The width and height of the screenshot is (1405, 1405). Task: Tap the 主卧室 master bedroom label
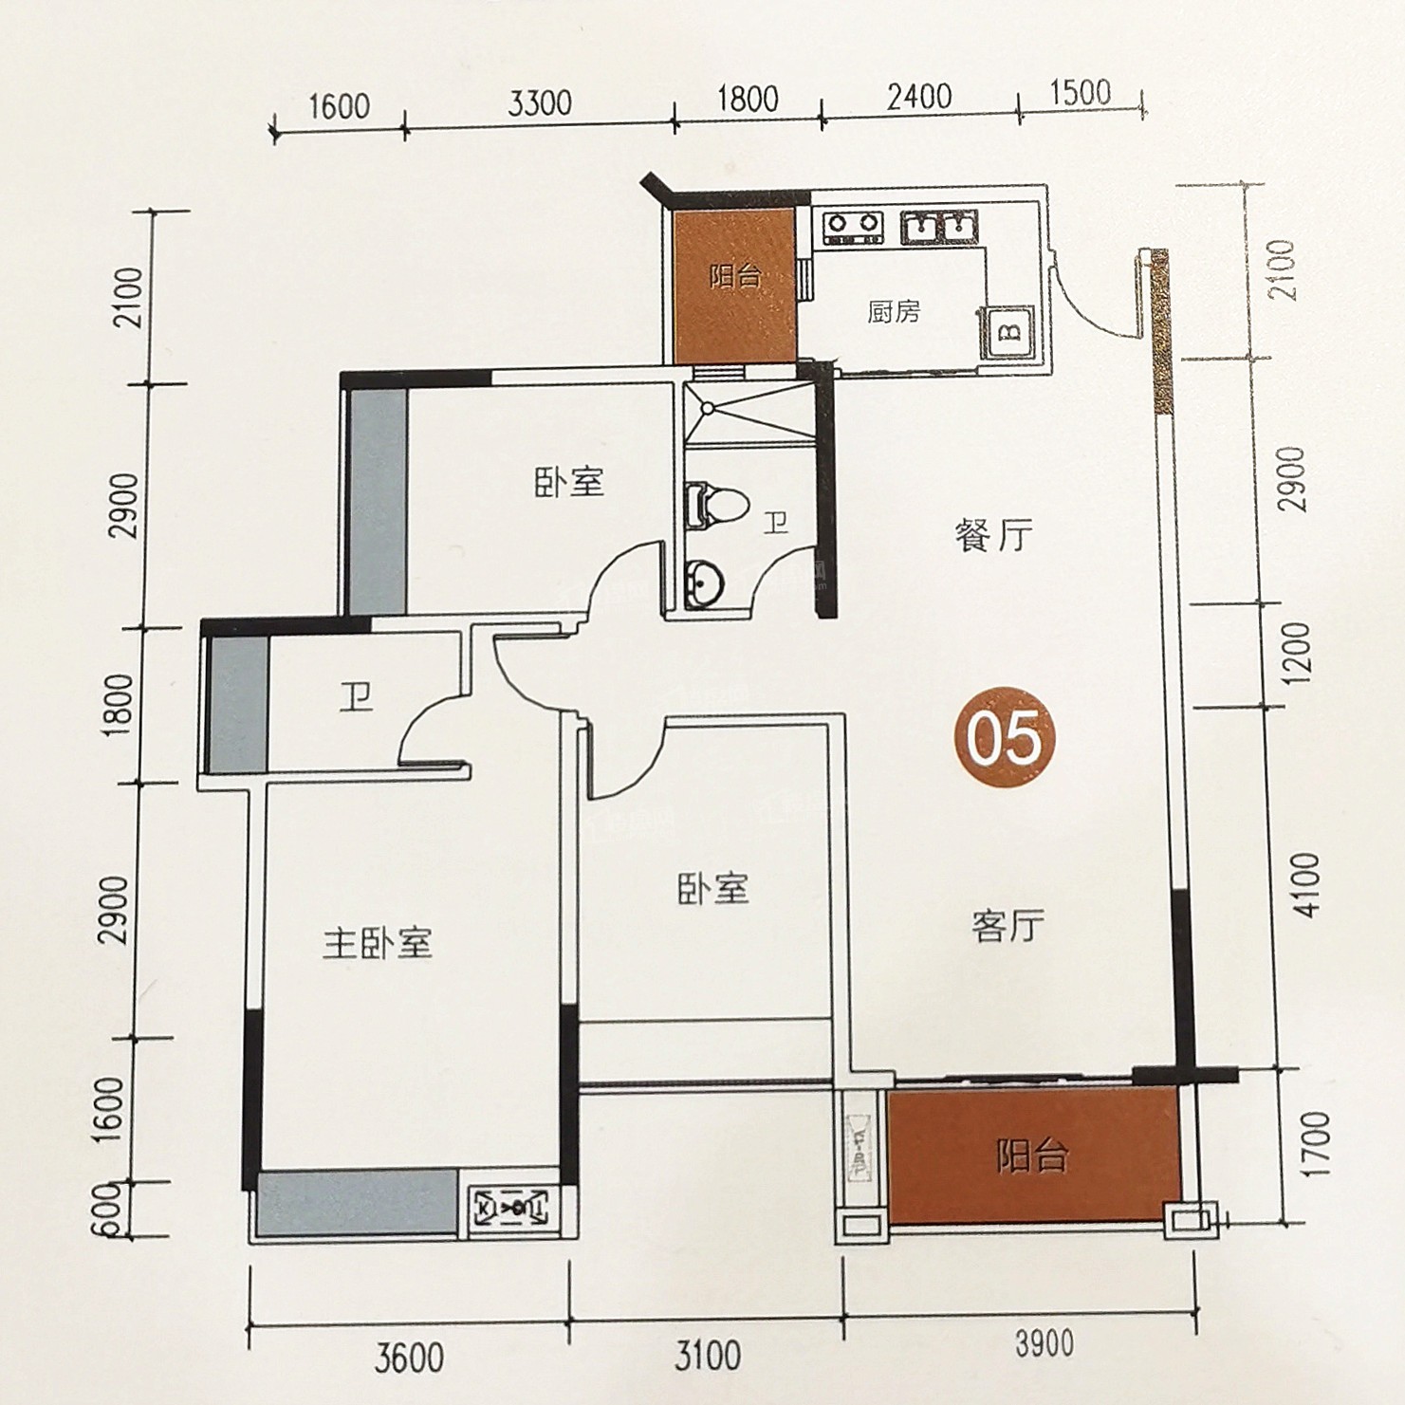[x=378, y=943]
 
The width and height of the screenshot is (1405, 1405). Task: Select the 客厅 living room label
[x=1008, y=925]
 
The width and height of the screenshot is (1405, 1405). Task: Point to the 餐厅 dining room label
[x=993, y=536]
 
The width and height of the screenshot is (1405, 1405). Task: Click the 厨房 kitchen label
[x=893, y=311]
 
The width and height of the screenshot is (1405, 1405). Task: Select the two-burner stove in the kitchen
[x=853, y=226]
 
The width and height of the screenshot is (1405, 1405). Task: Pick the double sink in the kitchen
[x=937, y=227]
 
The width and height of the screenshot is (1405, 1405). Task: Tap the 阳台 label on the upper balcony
[x=735, y=277]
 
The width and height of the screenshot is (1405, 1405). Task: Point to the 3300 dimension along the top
[x=540, y=102]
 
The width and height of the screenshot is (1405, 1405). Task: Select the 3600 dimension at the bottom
[x=409, y=1359]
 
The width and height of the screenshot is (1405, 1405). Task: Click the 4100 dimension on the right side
[x=1305, y=884]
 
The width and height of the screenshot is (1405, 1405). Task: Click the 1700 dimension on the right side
[x=1315, y=1145]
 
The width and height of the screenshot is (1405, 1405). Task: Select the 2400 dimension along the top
[x=919, y=97]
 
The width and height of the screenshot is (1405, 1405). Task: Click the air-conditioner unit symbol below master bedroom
[x=510, y=1208]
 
